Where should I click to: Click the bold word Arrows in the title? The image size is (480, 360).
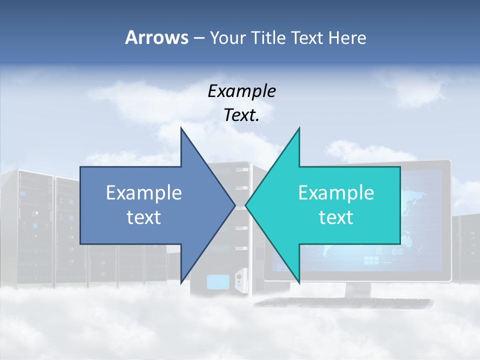(x=157, y=37)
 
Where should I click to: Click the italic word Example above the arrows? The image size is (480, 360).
(x=241, y=91)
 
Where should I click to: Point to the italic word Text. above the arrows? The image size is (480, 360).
(x=241, y=115)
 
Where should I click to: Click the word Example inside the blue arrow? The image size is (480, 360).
(x=144, y=193)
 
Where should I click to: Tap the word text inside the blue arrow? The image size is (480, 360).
(x=144, y=217)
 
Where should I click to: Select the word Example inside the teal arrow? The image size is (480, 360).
(x=336, y=193)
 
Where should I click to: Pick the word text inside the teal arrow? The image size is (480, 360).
(x=336, y=217)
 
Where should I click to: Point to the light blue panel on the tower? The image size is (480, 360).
(x=217, y=282)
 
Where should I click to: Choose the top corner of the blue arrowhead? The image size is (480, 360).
(x=181, y=128)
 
